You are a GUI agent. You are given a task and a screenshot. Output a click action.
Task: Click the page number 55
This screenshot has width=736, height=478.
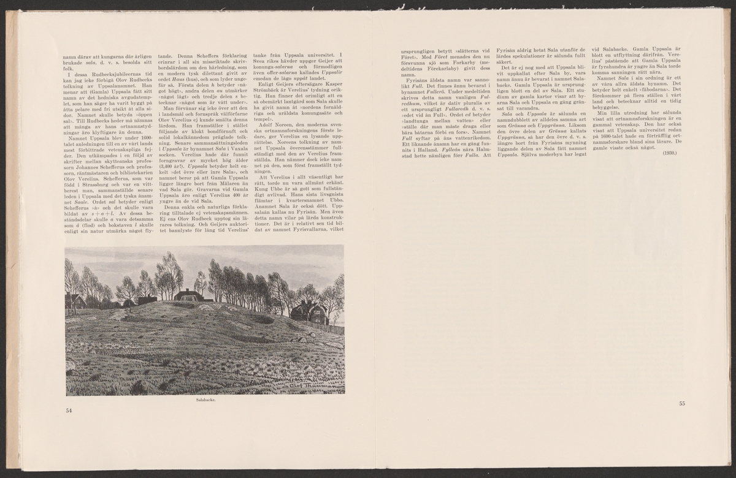tap(682, 403)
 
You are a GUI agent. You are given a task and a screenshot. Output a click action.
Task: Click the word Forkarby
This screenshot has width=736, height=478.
tap(462, 64)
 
